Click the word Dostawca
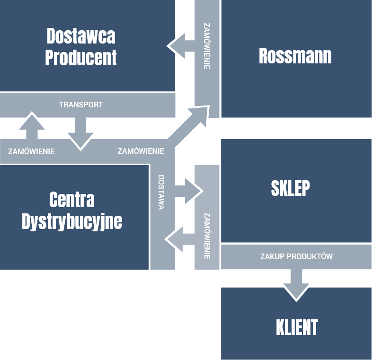(x=81, y=36)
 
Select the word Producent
(x=81, y=58)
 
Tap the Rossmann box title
(x=295, y=56)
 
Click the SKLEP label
(x=290, y=188)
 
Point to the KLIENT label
(x=296, y=327)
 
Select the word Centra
(x=72, y=200)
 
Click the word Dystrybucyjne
(x=72, y=221)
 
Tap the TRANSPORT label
(x=81, y=105)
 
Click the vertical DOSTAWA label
(x=161, y=192)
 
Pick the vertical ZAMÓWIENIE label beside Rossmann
(x=206, y=46)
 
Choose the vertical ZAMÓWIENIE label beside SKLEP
(x=207, y=236)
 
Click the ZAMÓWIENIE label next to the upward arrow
(x=31, y=152)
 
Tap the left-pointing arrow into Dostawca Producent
(x=180, y=46)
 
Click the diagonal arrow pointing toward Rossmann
(x=192, y=124)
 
